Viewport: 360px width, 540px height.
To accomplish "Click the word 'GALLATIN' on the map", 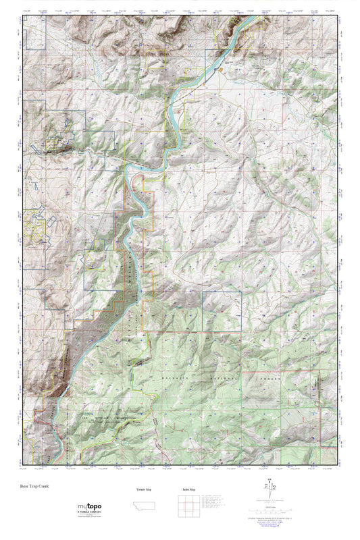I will [x=174, y=380].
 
